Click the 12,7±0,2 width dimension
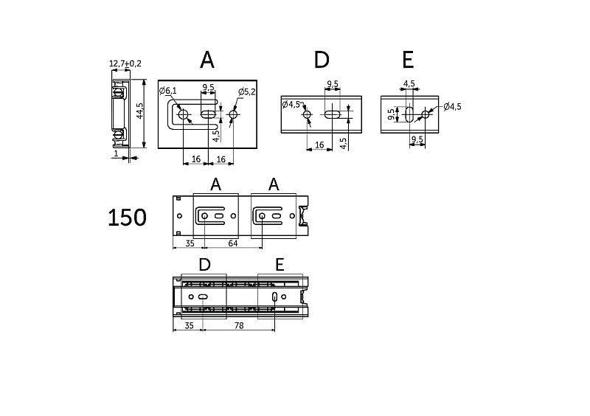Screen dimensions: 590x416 coord(125,63)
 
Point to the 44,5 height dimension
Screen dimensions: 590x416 coord(140,111)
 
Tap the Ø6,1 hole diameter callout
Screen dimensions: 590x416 coord(168,91)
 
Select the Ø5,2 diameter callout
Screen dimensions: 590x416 coord(247,92)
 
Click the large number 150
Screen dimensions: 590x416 coord(127,218)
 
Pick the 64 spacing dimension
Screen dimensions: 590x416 coord(233,243)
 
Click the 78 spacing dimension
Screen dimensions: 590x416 coord(239,326)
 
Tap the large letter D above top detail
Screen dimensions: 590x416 coord(322,60)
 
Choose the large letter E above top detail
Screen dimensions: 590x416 coord(408,60)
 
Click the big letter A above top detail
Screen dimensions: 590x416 coord(207,60)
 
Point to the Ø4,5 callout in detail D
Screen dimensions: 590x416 coord(291,104)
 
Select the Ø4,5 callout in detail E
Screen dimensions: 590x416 coord(452,107)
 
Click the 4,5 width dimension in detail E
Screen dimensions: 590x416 coord(409,83)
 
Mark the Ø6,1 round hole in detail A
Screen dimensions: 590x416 coord(184,114)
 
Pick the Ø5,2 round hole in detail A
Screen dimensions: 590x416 coord(233,114)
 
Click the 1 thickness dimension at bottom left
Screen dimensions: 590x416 coord(116,153)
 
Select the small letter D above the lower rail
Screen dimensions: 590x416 coord(204,265)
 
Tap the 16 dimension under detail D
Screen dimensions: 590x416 coord(319,145)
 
